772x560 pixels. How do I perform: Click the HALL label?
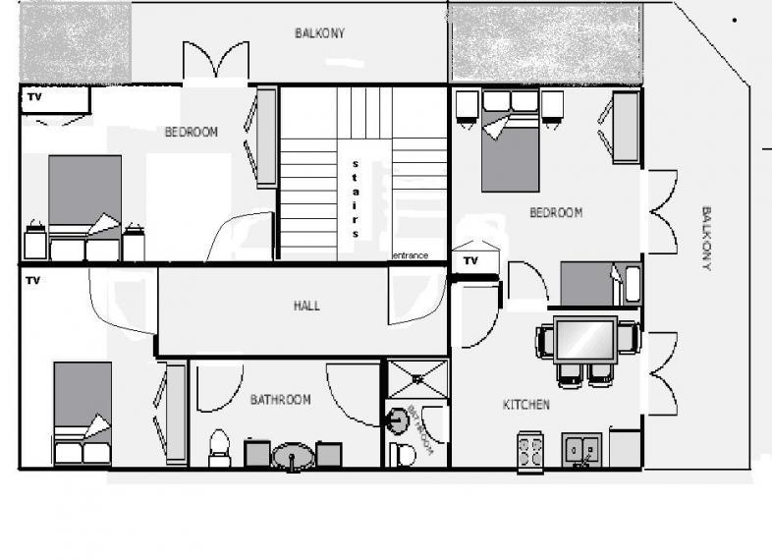coord(306,306)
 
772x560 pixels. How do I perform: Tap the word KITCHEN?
coord(526,405)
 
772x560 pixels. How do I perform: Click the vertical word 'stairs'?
coord(355,197)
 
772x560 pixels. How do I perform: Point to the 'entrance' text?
coord(411,255)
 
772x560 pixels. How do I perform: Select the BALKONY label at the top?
coord(320,33)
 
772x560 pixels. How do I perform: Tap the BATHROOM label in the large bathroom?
coord(280,400)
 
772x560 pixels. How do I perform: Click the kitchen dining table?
coord(586,339)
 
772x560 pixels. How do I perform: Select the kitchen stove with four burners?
coord(531,451)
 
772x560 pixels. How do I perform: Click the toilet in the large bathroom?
coord(220,448)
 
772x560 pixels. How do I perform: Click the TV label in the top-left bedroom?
coord(34,97)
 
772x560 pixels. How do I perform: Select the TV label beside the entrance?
coord(470,261)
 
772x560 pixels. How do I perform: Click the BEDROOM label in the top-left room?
coord(192,132)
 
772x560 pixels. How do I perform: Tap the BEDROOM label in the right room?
coord(556,212)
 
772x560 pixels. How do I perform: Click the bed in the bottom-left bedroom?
coord(82,413)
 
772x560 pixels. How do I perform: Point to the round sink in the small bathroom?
coord(397,420)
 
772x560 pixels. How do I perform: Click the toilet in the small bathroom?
coord(402,454)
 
